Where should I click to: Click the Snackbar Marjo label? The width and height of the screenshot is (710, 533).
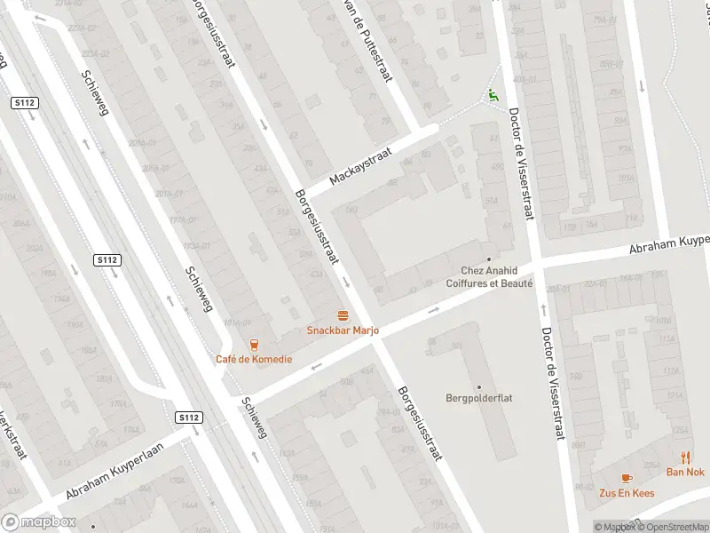pyautogui.click(x=343, y=330)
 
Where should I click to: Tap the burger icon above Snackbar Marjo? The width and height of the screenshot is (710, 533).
pyautogui.click(x=343, y=315)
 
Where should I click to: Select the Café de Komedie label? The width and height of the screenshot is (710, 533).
pyautogui.click(x=253, y=359)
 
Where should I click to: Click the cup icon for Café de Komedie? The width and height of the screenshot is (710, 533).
pyautogui.click(x=254, y=345)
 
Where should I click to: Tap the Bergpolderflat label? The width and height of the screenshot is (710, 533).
pyautogui.click(x=479, y=398)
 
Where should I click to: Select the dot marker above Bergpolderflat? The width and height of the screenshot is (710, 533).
pyautogui.click(x=479, y=386)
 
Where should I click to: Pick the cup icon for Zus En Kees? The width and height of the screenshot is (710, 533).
pyautogui.click(x=627, y=478)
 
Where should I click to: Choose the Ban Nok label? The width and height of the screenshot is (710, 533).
pyautogui.click(x=685, y=472)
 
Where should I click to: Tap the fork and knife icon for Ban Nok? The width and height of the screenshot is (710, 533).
pyautogui.click(x=686, y=457)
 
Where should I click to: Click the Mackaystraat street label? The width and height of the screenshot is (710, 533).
pyautogui.click(x=360, y=166)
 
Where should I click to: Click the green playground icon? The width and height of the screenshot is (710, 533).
pyautogui.click(x=493, y=95)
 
